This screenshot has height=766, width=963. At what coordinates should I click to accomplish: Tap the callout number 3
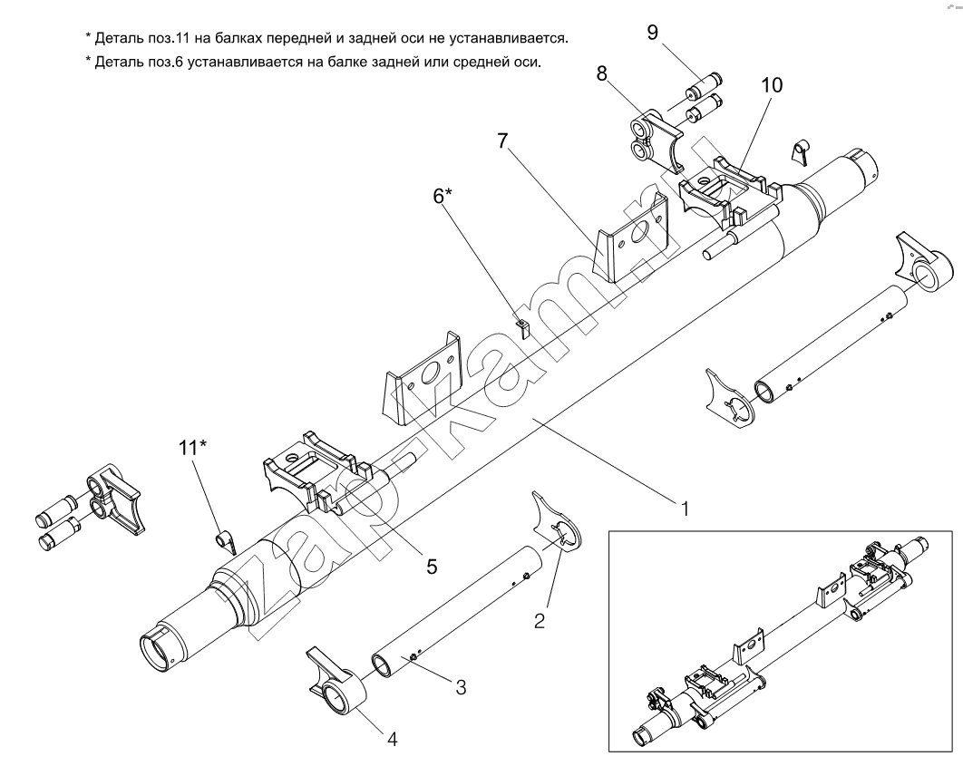(461, 687)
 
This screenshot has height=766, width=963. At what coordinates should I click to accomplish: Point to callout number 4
(392, 739)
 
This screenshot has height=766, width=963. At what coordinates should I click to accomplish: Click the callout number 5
(432, 566)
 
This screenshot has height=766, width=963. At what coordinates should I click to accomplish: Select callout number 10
(772, 85)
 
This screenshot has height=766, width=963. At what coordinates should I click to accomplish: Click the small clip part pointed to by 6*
(521, 325)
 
